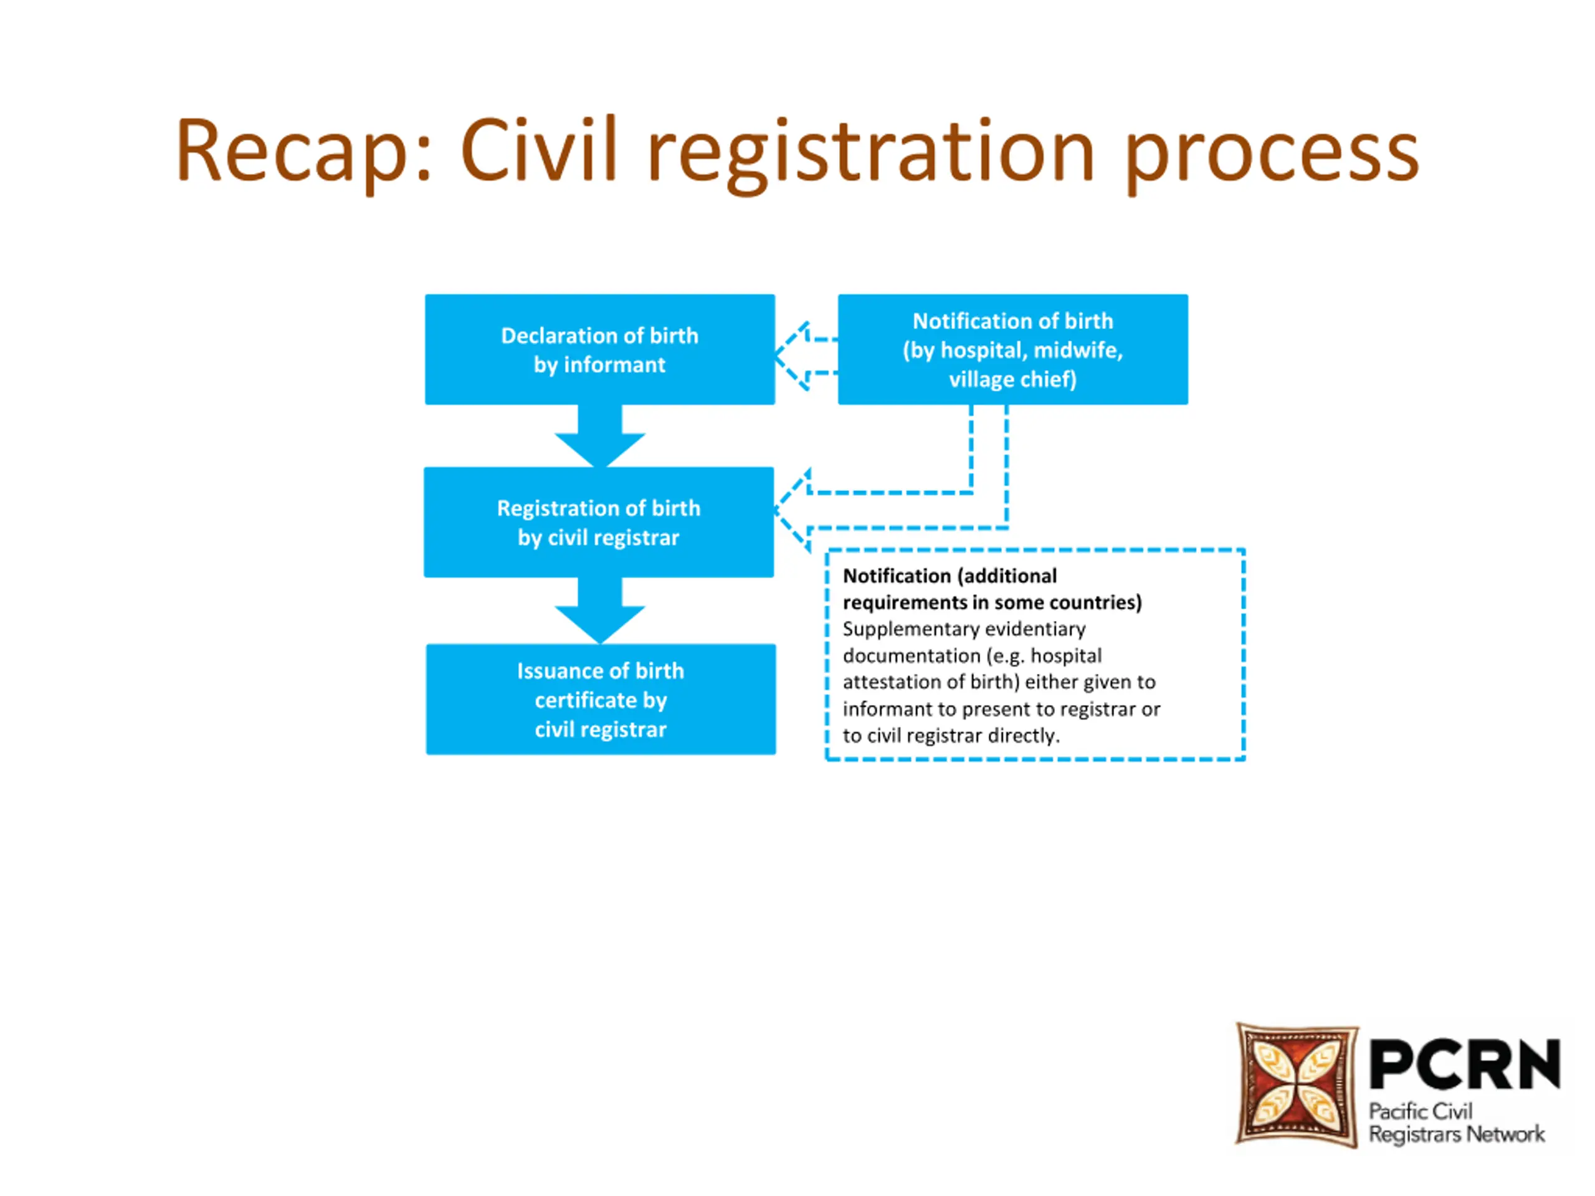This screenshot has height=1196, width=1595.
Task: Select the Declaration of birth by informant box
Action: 600,349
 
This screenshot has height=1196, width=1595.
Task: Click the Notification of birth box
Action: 1012,349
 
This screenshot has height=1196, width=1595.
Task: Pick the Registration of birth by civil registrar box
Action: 599,523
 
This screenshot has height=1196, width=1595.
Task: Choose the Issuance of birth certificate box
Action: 601,700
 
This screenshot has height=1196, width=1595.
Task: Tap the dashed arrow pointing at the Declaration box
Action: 804,356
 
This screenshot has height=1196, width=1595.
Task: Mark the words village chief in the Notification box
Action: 1012,379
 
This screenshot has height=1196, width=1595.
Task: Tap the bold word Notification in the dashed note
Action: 897,576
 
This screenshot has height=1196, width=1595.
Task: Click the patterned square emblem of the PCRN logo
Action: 1297,1084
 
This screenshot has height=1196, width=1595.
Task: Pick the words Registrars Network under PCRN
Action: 1457,1135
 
